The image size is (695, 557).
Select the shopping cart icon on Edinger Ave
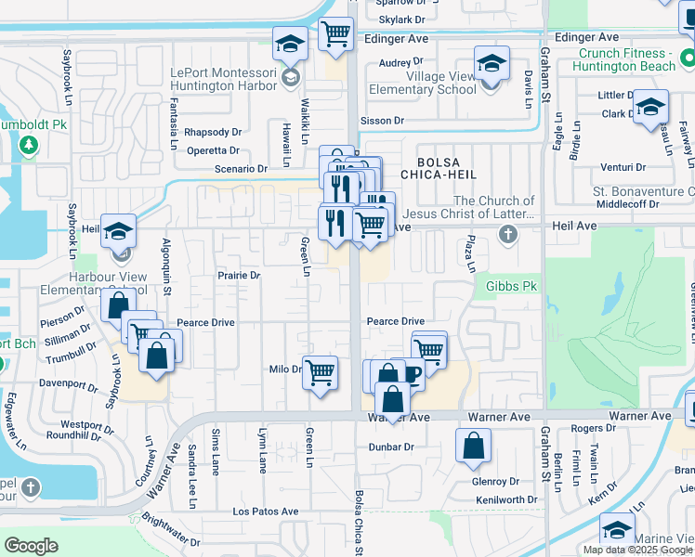tap(335, 34)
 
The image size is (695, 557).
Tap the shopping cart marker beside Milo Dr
tap(321, 372)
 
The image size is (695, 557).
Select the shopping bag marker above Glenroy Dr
tap(473, 445)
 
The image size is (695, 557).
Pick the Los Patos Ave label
tap(266, 512)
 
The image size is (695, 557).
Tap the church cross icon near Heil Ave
tap(507, 234)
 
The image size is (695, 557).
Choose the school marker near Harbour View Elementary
tap(119, 231)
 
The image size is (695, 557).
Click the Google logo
tap(31, 546)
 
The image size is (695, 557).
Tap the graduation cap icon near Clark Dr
tap(650, 106)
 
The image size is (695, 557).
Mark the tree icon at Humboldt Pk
tap(29, 145)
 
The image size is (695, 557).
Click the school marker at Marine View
tap(617, 530)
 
